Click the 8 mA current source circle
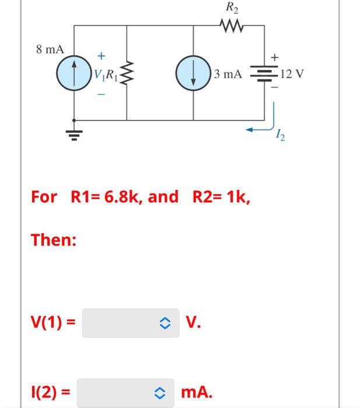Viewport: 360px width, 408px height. click(x=74, y=74)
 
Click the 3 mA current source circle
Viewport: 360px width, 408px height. click(x=193, y=74)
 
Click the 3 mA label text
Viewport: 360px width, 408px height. click(x=228, y=75)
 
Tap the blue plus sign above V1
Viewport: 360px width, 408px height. click(x=101, y=57)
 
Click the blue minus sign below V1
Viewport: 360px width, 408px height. click(x=101, y=94)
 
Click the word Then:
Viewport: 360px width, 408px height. click(x=54, y=240)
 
